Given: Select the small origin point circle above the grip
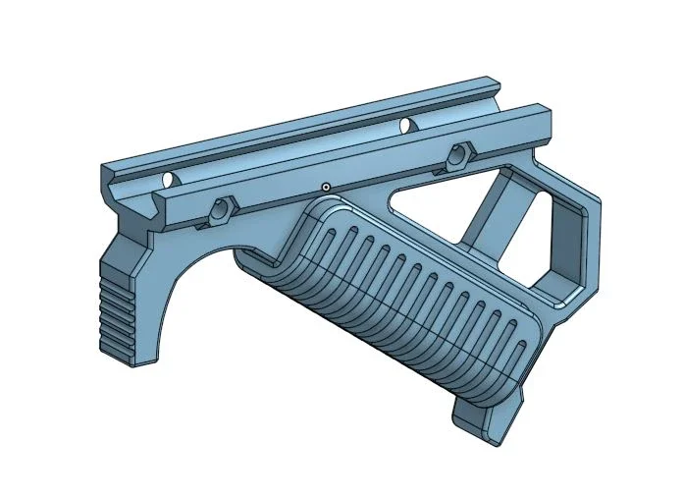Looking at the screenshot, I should [325, 187].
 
